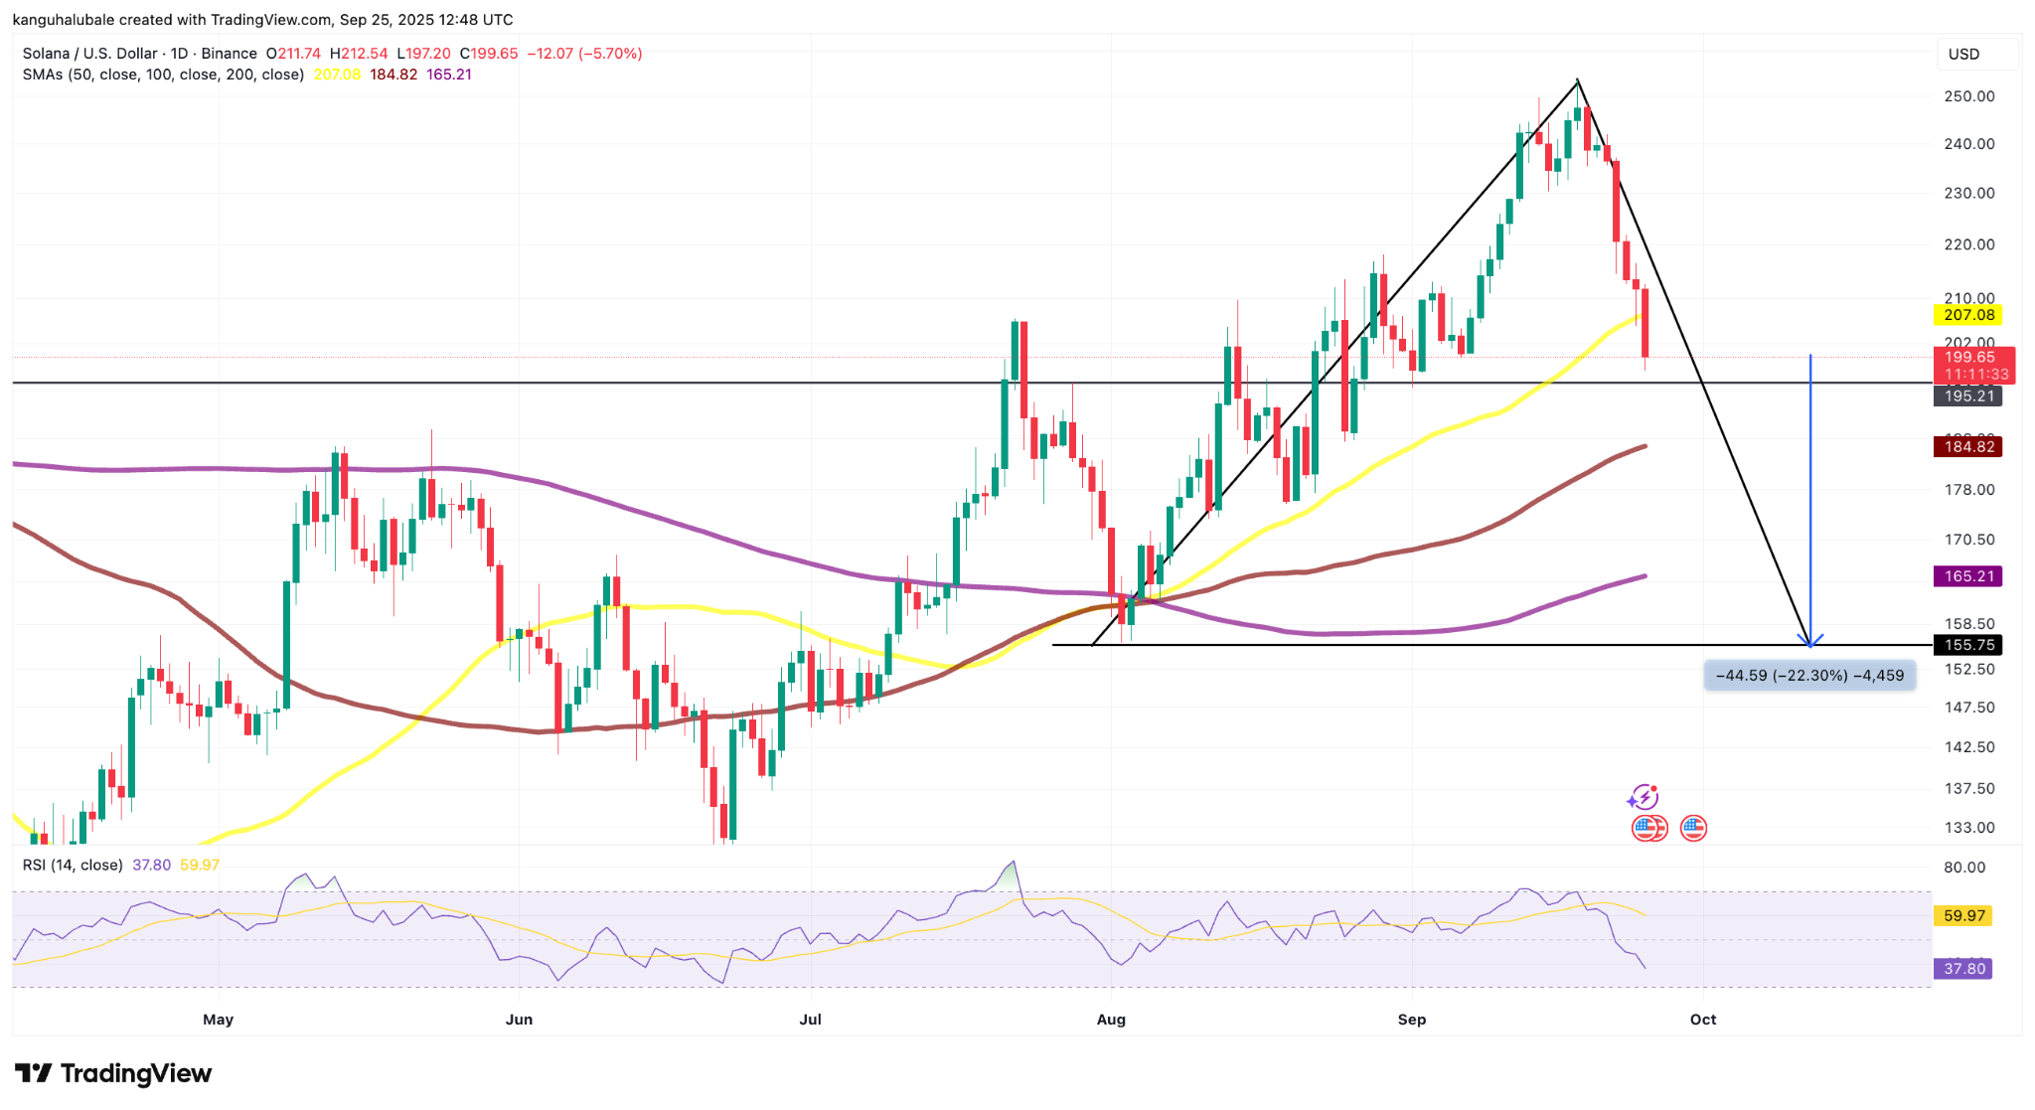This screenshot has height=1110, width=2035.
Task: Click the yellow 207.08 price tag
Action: tap(1968, 315)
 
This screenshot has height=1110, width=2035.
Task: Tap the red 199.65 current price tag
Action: tap(1971, 357)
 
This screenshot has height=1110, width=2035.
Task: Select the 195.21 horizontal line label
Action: tap(1968, 396)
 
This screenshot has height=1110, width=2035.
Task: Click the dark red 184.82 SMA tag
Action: tap(1968, 446)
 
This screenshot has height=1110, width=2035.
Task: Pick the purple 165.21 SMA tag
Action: tap(1968, 576)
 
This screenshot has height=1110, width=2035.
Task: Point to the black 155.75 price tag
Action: tap(1968, 645)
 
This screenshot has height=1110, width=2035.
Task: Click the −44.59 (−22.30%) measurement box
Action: tap(1809, 676)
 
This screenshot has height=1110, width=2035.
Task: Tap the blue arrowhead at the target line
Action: tap(1810, 641)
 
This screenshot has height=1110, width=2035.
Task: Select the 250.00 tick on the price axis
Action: tap(1968, 96)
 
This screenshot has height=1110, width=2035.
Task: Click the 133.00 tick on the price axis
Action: tap(1968, 827)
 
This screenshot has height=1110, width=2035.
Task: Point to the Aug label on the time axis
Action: tap(1111, 1020)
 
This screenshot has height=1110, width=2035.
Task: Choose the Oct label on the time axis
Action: tap(1703, 1020)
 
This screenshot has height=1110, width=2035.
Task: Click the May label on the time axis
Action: tap(218, 1020)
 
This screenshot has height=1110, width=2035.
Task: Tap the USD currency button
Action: tap(1964, 54)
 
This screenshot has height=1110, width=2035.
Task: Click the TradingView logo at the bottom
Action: tap(113, 1073)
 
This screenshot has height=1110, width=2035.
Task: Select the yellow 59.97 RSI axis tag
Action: tap(1963, 915)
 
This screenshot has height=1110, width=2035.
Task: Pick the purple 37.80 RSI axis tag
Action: tap(1963, 969)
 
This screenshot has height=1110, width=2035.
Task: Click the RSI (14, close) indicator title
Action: tap(73, 865)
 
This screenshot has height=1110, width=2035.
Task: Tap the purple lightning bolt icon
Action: tap(1643, 797)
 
